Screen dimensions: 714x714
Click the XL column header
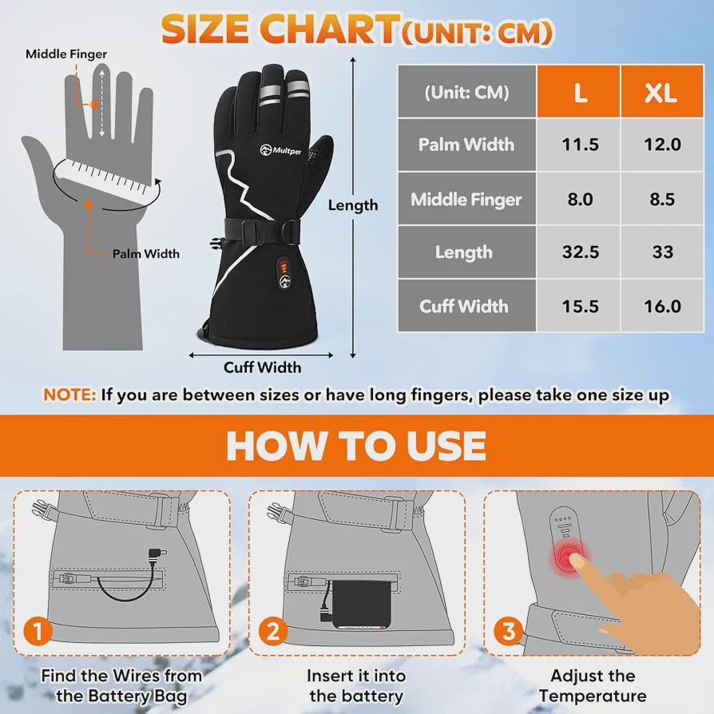tap(661, 92)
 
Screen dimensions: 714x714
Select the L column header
tap(579, 92)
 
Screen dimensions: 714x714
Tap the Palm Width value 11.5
tap(580, 145)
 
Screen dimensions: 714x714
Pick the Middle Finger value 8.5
tap(662, 199)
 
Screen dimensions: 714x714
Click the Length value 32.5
tap(580, 252)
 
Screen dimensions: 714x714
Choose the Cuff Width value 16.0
tap(662, 306)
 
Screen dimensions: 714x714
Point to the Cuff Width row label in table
tap(463, 306)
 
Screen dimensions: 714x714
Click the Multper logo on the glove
tap(280, 150)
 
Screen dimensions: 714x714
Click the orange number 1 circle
tap(38, 631)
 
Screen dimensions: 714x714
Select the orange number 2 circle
tap(273, 631)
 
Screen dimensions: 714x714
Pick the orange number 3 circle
tap(508, 631)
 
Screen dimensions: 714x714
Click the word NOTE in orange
tap(69, 395)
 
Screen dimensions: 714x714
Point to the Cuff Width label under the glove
tap(262, 367)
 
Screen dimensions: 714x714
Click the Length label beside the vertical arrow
tap(353, 205)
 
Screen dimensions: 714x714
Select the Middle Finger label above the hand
tap(66, 54)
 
